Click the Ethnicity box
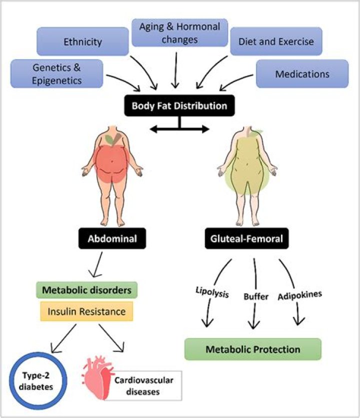(82, 41)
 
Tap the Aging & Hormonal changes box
(179, 33)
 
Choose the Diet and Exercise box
(276, 41)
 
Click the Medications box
(302, 74)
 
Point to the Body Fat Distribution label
(179, 106)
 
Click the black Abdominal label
(112, 239)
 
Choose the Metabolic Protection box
(252, 349)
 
